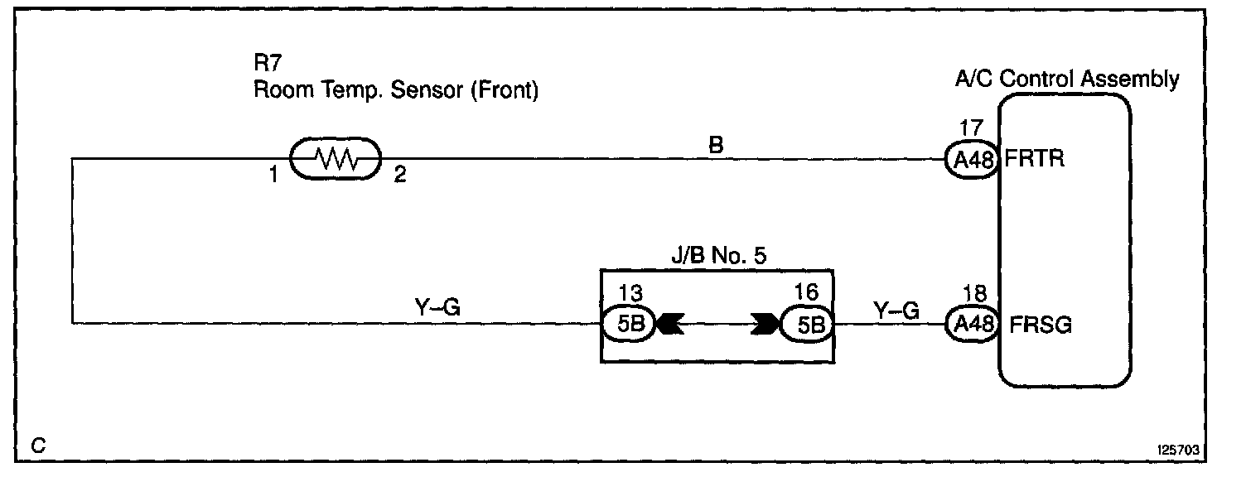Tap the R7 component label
coord(265,63)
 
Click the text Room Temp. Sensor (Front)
coord(396,89)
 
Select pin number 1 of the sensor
coord(274,177)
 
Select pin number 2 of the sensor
coord(399,177)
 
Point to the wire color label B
coord(716,144)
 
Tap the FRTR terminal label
coord(1033,158)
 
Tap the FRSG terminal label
coord(1041,325)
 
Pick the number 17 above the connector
coord(970,130)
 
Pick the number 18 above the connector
coord(970,295)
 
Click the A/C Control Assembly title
coord(1067,79)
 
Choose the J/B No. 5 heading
coord(717,256)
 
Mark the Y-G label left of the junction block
coord(437,308)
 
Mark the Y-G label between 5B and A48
coord(896,310)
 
